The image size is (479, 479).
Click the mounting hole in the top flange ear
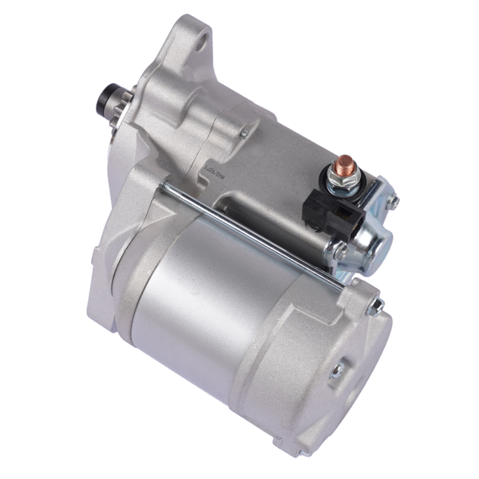pos(201,36)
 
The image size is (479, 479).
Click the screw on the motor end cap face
pos(338,368)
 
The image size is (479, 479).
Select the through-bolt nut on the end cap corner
pos(375,304)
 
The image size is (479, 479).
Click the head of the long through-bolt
pos(165,186)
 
